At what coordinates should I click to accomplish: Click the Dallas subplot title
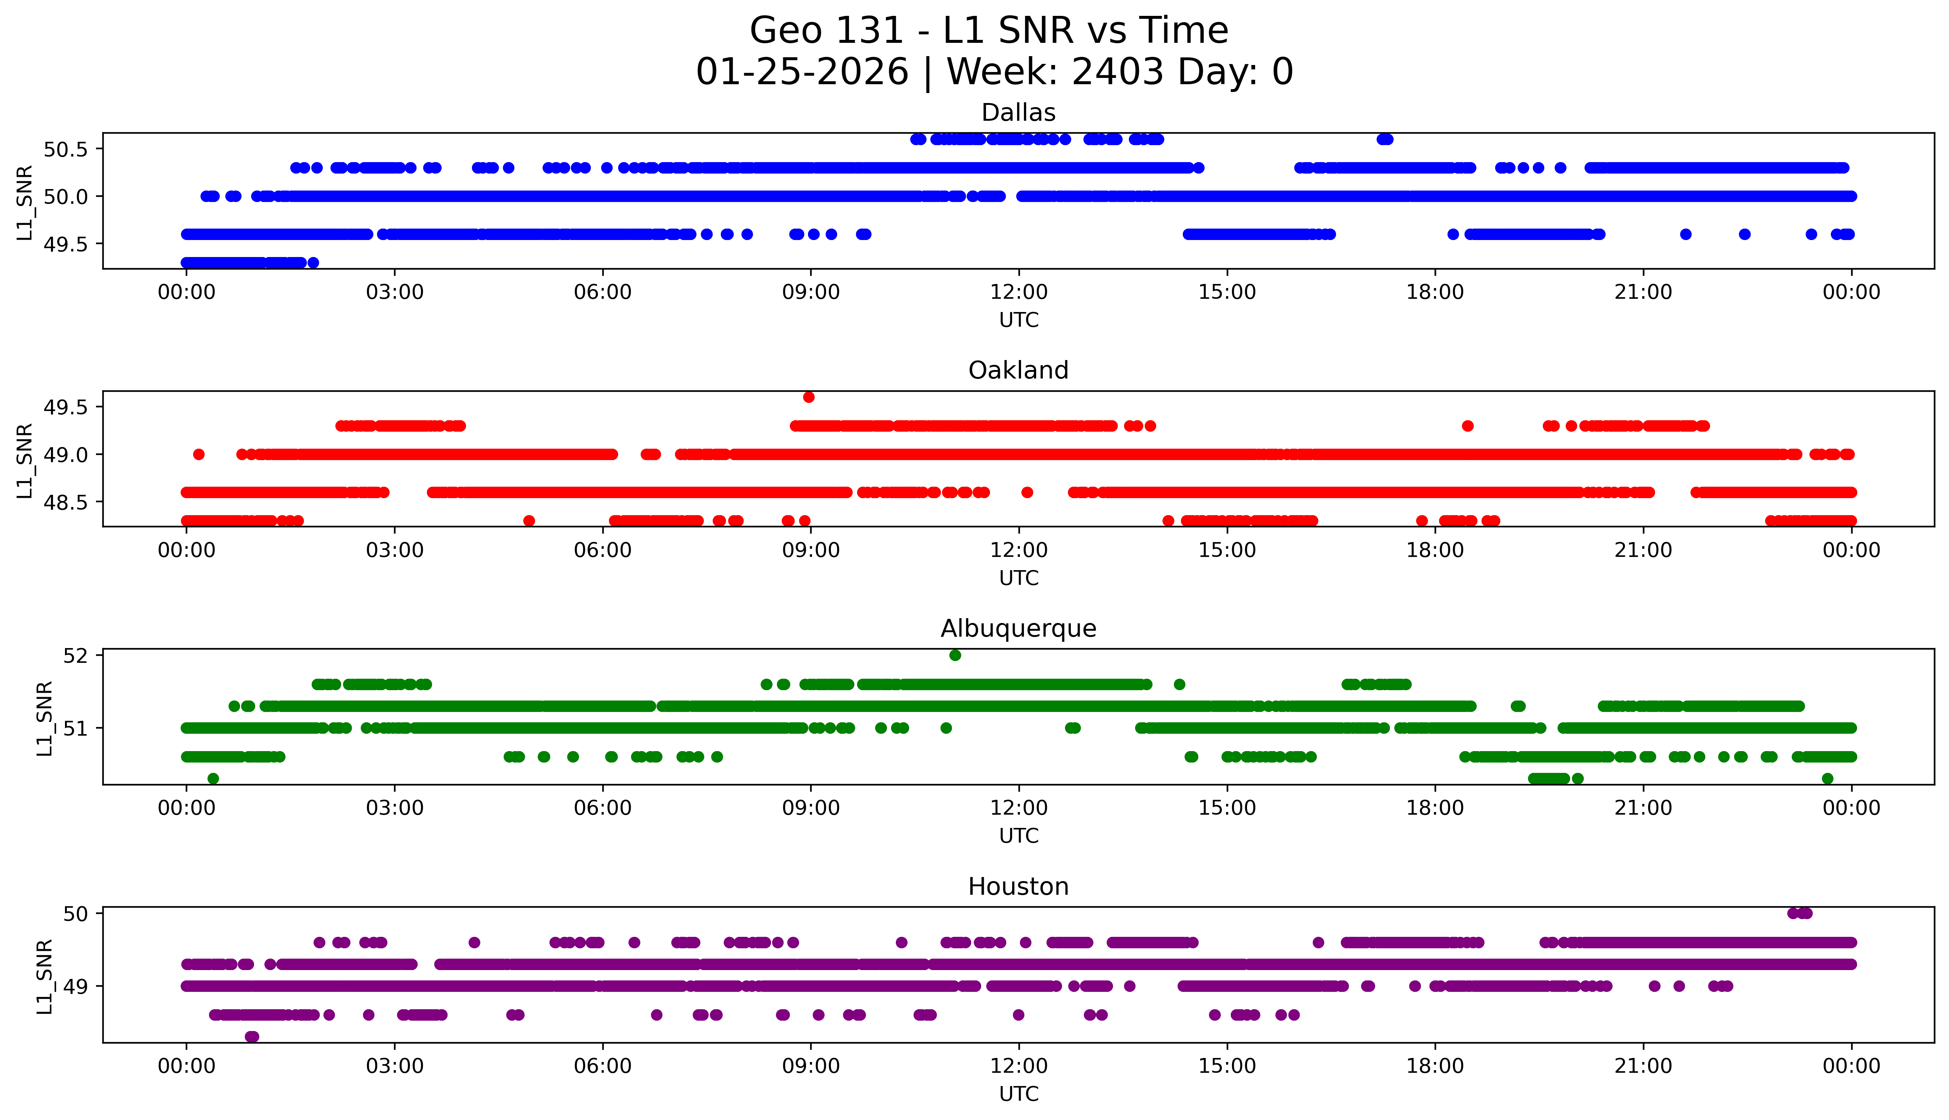point(1018,113)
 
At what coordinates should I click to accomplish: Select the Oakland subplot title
point(1018,371)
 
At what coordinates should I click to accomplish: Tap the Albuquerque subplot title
point(1018,628)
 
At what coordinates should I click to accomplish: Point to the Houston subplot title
point(1018,887)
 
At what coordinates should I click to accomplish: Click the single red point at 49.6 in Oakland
point(808,397)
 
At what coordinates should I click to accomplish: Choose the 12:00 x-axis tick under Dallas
point(1019,292)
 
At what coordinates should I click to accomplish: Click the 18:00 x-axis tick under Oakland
point(1435,550)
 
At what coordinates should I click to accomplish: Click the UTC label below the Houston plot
point(1018,1094)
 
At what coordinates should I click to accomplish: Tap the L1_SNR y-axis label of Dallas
point(25,202)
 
